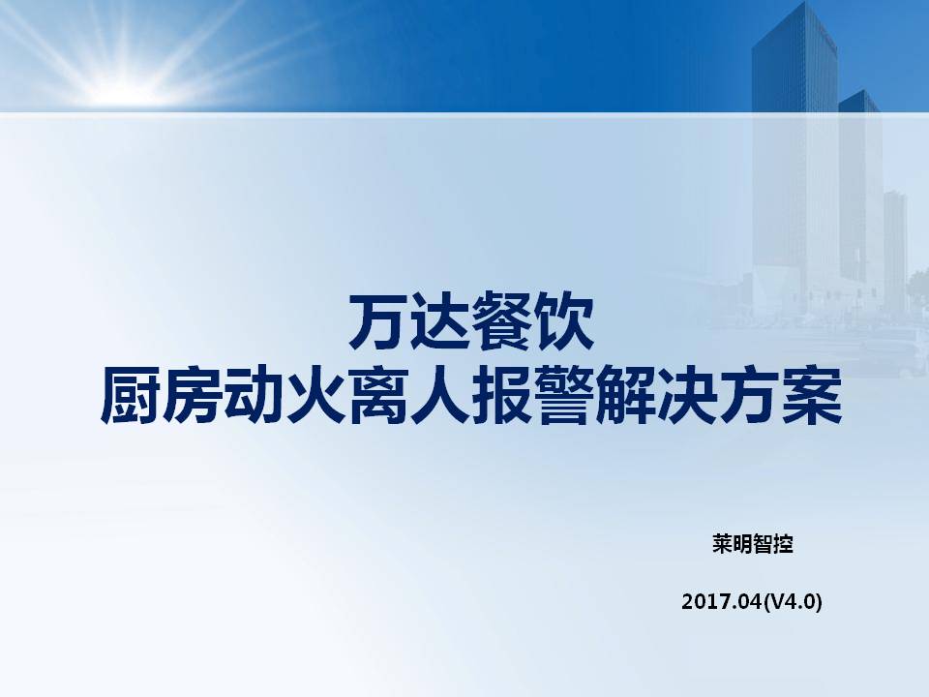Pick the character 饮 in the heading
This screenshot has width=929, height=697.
click(x=563, y=320)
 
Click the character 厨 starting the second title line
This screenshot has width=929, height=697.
click(x=131, y=395)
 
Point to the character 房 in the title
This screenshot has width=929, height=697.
click(x=192, y=395)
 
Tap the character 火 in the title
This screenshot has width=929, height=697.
click(x=315, y=395)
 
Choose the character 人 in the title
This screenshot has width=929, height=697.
click(x=439, y=395)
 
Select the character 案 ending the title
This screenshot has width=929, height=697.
click(x=811, y=395)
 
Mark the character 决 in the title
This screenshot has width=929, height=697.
click(x=687, y=395)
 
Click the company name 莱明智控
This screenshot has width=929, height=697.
click(x=753, y=543)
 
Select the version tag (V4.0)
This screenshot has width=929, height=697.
click(x=793, y=602)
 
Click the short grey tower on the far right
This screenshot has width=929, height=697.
click(x=895, y=249)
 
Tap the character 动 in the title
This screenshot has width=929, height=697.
click(x=254, y=395)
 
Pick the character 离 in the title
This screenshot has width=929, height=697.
click(x=377, y=395)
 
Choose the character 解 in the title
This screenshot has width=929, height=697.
click(x=625, y=395)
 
